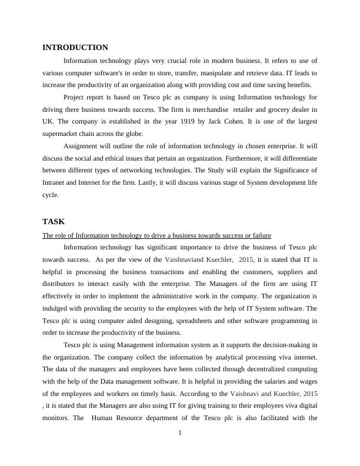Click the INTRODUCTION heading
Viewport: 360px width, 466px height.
[x=75, y=48]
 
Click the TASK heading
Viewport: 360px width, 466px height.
[x=54, y=222]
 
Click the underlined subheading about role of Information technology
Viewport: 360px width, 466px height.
[x=156, y=235]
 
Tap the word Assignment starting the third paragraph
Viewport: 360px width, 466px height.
[x=83, y=146]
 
